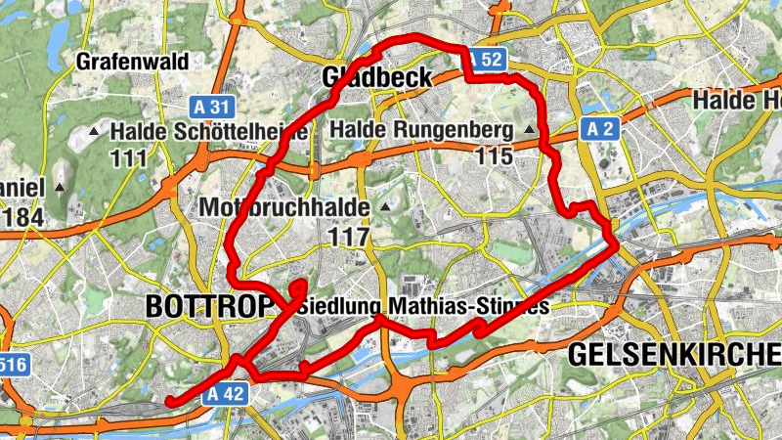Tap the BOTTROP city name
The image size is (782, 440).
tap(208, 306)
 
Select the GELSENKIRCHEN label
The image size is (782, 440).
tap(674, 354)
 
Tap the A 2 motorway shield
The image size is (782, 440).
tap(600, 128)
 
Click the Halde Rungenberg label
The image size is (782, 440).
tap(422, 129)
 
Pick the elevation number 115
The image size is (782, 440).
tap(495, 155)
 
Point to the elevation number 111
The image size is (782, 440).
tap(129, 157)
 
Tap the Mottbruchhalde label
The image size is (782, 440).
tap(283, 207)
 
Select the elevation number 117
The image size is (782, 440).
tap(350, 236)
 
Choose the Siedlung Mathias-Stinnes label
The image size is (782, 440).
tap(423, 306)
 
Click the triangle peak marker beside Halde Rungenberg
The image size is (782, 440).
tap(531, 129)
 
